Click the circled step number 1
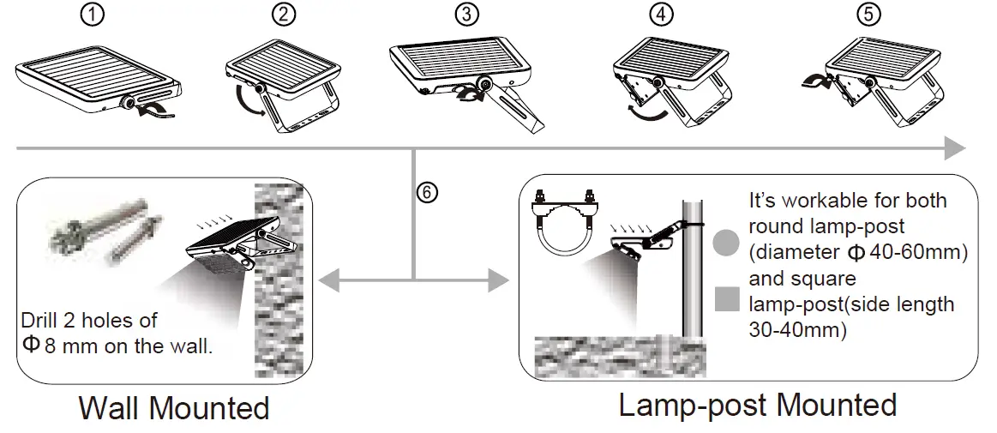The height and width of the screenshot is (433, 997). [x=97, y=15]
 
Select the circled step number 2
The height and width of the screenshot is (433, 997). [x=283, y=15]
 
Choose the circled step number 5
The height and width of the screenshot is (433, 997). [x=869, y=15]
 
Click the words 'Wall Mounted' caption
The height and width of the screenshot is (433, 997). [x=173, y=407]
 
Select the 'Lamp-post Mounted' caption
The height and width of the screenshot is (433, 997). [x=758, y=404]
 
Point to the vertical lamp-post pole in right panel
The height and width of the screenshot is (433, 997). [x=693, y=274]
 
